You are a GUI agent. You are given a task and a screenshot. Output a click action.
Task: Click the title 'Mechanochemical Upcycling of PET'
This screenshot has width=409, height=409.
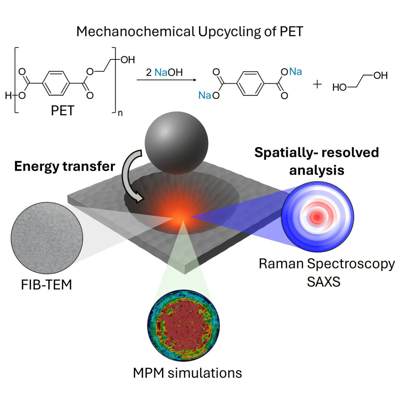click(x=189, y=32)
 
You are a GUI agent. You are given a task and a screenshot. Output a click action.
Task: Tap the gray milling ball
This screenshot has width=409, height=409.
click(x=176, y=143)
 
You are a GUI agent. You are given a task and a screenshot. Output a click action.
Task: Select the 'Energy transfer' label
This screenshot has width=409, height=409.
click(x=65, y=166)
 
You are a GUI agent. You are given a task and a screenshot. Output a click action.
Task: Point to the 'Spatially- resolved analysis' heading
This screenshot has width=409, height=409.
click(x=317, y=161)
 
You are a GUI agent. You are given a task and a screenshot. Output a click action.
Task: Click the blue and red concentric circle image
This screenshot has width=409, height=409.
click(x=317, y=217)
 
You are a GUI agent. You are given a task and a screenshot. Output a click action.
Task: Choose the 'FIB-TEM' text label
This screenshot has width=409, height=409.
click(x=46, y=285)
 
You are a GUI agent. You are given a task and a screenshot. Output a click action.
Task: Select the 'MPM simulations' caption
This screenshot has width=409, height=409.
click(x=187, y=373)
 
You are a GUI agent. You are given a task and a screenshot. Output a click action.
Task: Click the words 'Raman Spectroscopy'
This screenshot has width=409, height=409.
click(x=327, y=264)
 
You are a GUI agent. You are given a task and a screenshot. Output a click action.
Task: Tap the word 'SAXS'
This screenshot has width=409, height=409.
click(x=323, y=282)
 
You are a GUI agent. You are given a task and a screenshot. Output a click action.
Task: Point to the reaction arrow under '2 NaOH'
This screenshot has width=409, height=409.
click(x=166, y=80)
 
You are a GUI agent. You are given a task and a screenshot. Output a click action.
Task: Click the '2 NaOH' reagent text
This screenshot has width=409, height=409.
click(x=164, y=73)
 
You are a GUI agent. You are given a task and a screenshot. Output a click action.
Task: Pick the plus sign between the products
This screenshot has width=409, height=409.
click(x=317, y=84)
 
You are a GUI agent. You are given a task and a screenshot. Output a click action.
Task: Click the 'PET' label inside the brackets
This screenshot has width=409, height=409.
click(x=63, y=111)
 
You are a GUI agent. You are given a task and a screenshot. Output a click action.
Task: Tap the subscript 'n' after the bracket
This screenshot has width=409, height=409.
click(x=120, y=113)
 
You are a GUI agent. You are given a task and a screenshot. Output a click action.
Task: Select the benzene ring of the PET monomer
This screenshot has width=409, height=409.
click(x=56, y=83)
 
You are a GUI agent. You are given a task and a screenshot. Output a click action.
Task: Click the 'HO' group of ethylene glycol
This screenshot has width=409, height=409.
click(x=339, y=87)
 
